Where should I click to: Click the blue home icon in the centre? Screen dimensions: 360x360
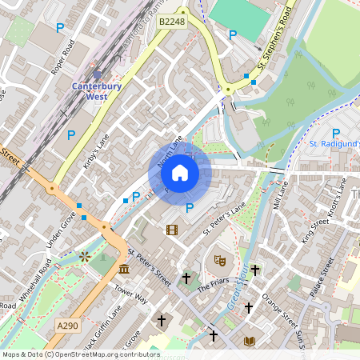(180, 173)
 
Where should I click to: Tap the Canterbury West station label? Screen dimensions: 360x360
(96, 90)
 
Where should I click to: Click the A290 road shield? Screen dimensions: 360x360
(68, 325)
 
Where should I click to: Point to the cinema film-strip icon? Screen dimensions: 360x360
(171, 230)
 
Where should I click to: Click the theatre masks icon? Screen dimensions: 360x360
(220, 260)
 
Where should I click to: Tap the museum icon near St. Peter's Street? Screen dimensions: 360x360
(125, 268)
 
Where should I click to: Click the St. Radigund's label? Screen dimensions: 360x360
(334, 144)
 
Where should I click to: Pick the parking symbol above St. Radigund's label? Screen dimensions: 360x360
(336, 133)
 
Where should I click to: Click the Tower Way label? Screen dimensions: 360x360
(131, 294)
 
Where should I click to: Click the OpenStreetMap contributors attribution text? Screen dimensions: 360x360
(80, 354)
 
